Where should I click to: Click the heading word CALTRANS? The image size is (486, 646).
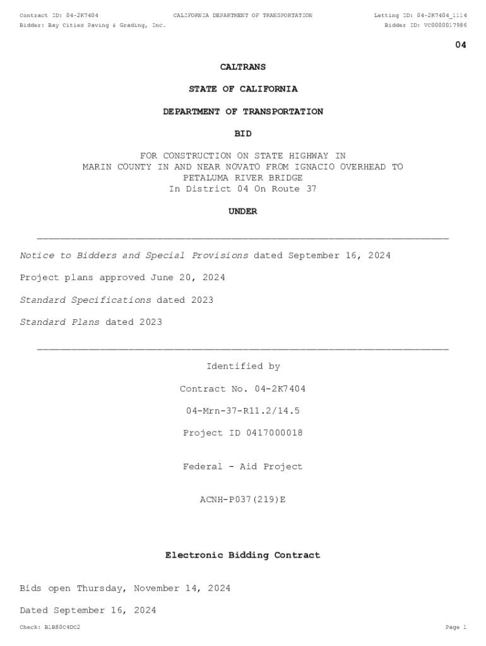(x=243, y=67)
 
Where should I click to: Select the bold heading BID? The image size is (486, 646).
(x=243, y=134)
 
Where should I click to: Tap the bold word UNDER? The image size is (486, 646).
(x=243, y=212)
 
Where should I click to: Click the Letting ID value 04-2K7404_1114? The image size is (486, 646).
(x=442, y=15)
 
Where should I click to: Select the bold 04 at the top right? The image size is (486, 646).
(x=461, y=45)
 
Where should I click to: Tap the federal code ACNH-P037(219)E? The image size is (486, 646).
(x=243, y=500)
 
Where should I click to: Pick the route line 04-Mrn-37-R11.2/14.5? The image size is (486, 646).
(x=243, y=411)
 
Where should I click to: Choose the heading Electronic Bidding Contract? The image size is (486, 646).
(x=243, y=555)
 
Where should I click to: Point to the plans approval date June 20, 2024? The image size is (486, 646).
(x=187, y=278)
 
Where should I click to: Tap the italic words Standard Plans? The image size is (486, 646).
(x=60, y=322)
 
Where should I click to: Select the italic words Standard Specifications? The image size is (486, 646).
(x=86, y=300)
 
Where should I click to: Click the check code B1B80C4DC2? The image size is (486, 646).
(x=62, y=628)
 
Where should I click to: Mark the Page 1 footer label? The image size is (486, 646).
(x=456, y=628)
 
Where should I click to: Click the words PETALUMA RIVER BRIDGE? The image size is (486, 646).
(x=243, y=178)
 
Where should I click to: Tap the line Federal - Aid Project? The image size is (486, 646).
(x=243, y=467)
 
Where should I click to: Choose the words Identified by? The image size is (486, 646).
(x=243, y=367)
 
